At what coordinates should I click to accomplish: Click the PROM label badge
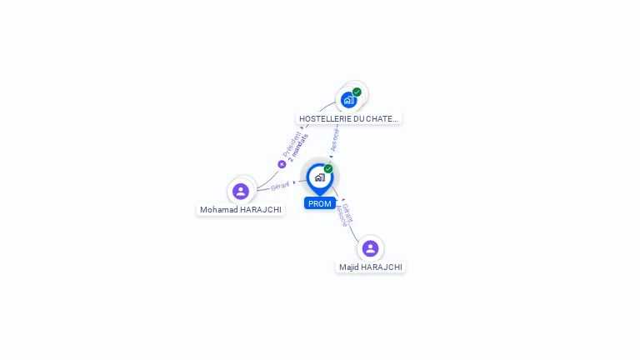coord(320,203)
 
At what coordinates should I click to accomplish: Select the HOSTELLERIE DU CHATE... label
coord(349,118)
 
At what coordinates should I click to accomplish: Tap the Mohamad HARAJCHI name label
coord(241,209)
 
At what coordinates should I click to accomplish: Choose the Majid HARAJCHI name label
coord(371,267)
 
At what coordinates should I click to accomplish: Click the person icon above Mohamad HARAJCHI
coord(241,191)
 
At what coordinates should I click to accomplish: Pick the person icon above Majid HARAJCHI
coord(371,248)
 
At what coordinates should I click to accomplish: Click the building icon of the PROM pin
coord(319,177)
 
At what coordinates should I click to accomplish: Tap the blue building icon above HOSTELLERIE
coord(348,100)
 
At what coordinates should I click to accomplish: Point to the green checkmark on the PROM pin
coord(328,169)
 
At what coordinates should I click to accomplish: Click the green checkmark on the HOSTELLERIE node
coord(357,92)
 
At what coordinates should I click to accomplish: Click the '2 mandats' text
coord(298,147)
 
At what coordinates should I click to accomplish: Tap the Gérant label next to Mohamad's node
coord(280,186)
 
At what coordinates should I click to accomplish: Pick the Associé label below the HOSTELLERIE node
coord(334,138)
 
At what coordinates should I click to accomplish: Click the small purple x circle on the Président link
coord(282,164)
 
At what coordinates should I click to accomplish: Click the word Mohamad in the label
coord(218,209)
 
